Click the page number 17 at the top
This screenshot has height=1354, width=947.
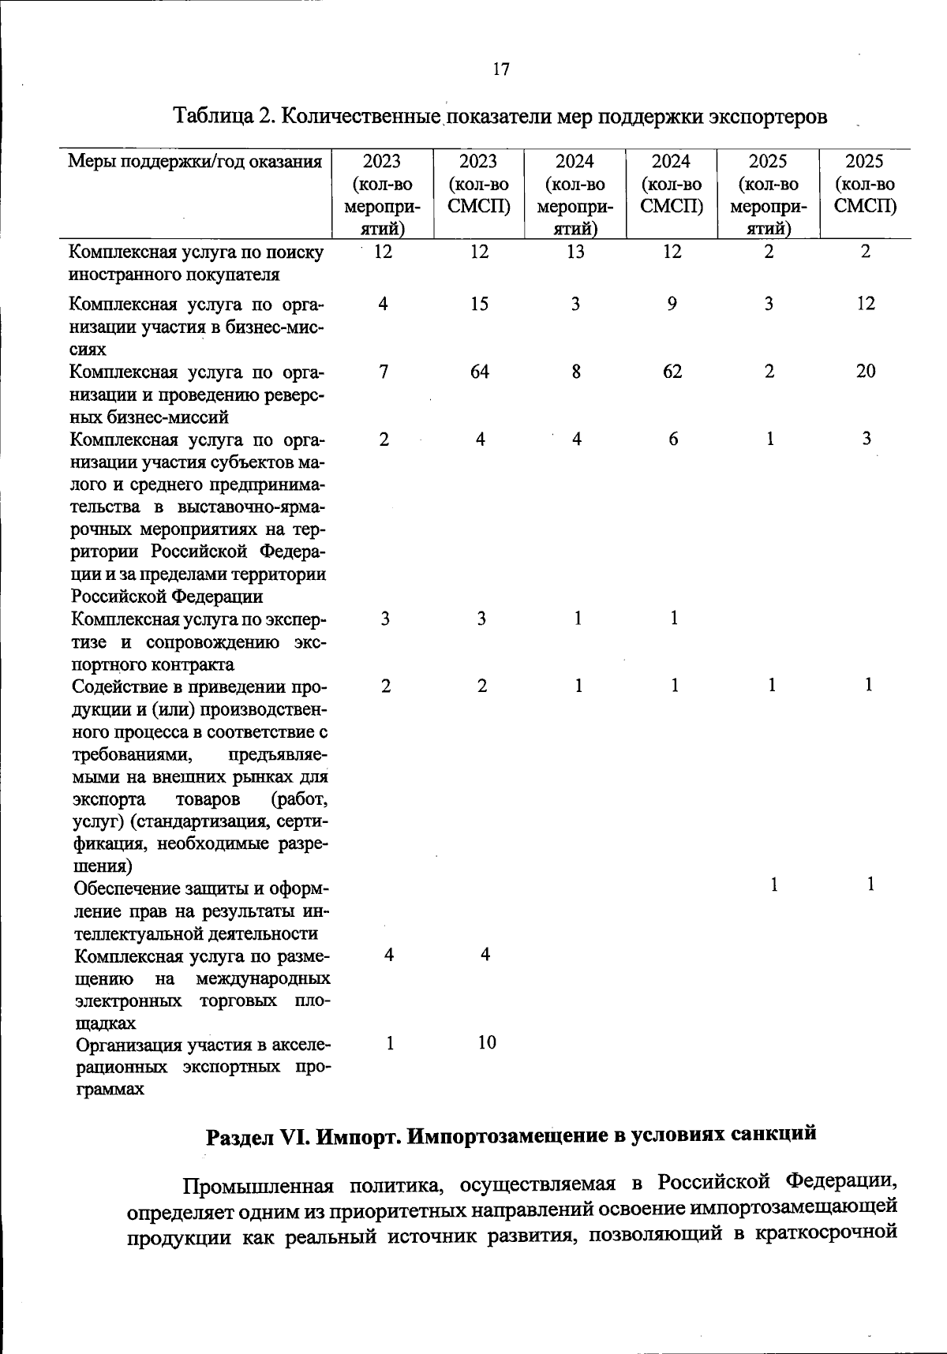point(501,69)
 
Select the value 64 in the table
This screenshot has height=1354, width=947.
point(479,372)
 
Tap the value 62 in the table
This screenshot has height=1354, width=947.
point(672,372)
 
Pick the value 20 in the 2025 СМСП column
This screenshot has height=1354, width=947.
point(866,372)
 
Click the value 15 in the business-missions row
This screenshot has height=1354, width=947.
point(479,304)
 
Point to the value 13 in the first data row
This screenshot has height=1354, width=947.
point(576,252)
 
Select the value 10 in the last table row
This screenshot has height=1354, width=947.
point(487,1042)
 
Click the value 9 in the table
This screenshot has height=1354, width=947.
point(672,304)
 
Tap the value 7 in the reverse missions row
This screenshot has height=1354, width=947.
point(384,372)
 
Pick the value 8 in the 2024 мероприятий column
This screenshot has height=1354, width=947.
point(577,372)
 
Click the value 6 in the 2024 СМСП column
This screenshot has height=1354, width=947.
point(673,439)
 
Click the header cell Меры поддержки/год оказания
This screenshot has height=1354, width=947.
point(195,162)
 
